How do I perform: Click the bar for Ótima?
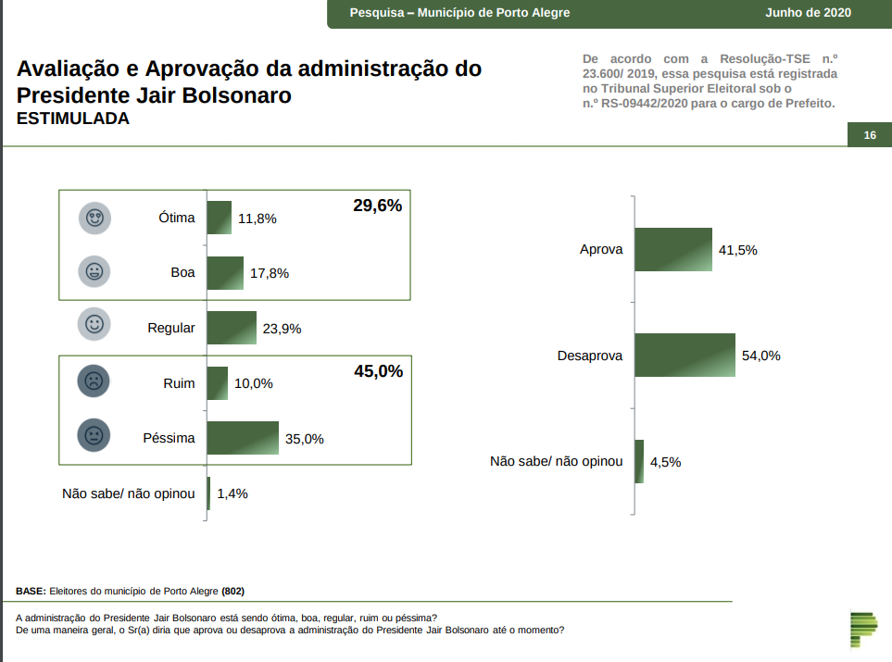[x=219, y=218]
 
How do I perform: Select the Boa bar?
[x=225, y=273]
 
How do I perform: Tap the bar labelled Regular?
[x=232, y=328]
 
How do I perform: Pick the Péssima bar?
[x=243, y=438]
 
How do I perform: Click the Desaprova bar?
[x=685, y=356]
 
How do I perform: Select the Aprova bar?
[x=673, y=249]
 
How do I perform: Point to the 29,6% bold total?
[x=378, y=206]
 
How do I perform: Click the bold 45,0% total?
[x=378, y=371]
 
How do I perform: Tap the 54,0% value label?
[x=761, y=356]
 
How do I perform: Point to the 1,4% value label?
[x=232, y=493]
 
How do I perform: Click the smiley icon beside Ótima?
[x=94, y=219]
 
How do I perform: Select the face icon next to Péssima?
[x=94, y=435]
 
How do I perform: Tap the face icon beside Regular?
[x=94, y=324]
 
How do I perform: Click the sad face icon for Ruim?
[x=94, y=381]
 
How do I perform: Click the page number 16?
[x=870, y=135]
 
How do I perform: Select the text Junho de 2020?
[x=808, y=13]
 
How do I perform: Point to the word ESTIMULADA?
[x=73, y=119]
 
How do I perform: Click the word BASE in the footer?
[x=30, y=591]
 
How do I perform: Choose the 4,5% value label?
[x=665, y=462]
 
